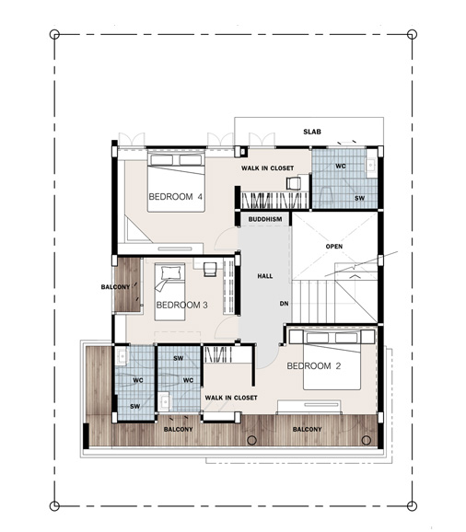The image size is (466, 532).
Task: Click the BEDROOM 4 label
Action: pos(176,197)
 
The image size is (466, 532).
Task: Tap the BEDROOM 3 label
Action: pos(181,305)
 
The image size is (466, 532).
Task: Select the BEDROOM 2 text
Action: pos(314,366)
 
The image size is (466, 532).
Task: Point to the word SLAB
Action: pos(312,132)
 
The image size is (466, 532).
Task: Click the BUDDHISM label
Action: pos(265,219)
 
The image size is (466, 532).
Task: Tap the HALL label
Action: pos(264,276)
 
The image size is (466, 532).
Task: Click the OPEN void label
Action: pos(334,247)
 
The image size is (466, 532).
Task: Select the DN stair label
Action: pos(284,304)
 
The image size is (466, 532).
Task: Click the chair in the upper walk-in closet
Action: pos(294,183)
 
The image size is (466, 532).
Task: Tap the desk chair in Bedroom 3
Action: pos(210,270)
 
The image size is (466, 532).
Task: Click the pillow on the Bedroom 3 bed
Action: pos(169,272)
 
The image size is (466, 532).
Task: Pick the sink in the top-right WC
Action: pos(371,166)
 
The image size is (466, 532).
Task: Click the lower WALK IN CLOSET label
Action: pos(231,398)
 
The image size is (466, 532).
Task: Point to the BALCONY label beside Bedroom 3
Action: pos(115,287)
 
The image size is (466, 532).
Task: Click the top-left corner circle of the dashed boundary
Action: pos(54,34)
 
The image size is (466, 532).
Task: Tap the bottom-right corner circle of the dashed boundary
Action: pos(412,505)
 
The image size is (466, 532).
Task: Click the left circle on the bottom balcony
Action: pos(251,440)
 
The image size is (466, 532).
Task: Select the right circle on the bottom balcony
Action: pos(367,440)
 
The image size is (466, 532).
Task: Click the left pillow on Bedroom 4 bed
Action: pos(162,160)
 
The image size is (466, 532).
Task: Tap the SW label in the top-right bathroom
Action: pos(359,198)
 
